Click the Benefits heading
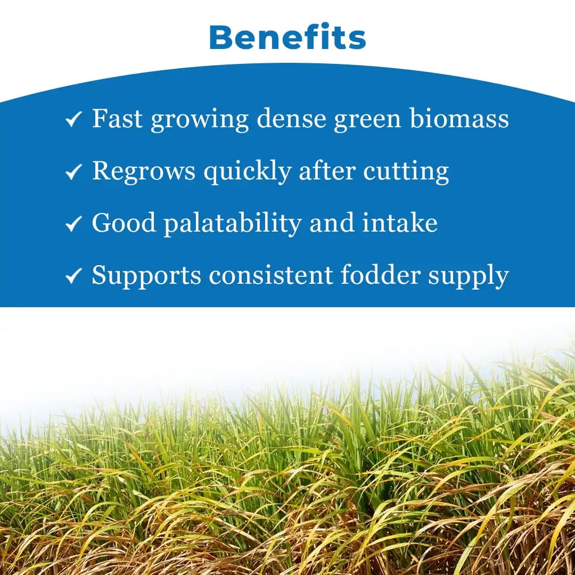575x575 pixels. [287, 37]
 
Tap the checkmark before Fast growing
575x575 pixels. [73, 120]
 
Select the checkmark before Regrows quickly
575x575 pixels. [73, 172]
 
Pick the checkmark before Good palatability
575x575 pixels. [73, 224]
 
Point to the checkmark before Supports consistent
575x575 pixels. [73, 276]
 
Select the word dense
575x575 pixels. [291, 118]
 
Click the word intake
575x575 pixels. [400, 223]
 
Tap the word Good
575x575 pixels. [124, 223]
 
